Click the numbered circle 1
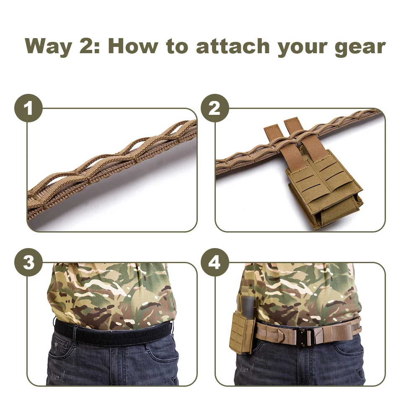[28, 108]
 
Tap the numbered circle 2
[215, 108]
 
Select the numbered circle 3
[28, 262]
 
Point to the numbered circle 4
[215, 262]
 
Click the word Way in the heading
[48, 47]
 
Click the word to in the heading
[176, 47]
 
